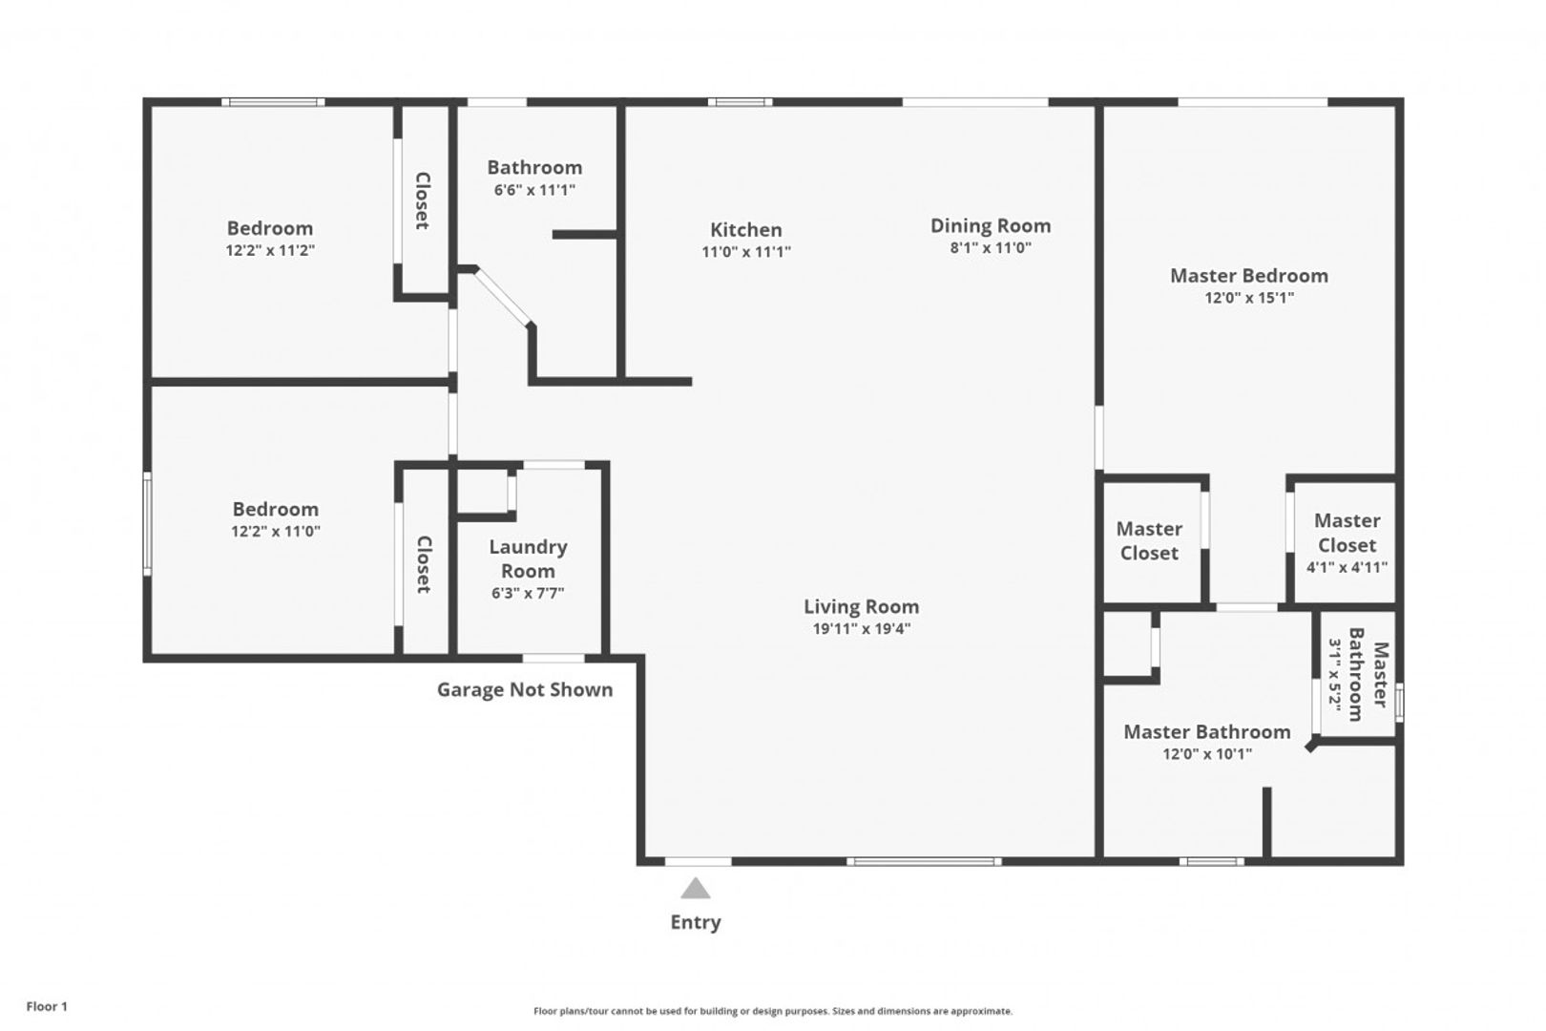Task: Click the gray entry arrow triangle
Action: click(x=695, y=889)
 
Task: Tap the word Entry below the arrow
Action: click(x=696, y=922)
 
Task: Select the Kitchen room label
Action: click(x=746, y=229)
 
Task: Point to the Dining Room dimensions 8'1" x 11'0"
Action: click(x=991, y=248)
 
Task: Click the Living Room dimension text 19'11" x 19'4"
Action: click(x=862, y=628)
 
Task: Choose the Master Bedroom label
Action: click(x=1249, y=276)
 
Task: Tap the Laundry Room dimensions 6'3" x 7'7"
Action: click(x=528, y=593)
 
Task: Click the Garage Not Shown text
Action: click(x=525, y=689)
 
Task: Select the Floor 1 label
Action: click(x=47, y=1006)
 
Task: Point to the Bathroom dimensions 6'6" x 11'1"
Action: click(x=534, y=190)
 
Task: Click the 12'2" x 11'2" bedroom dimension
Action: click(x=270, y=250)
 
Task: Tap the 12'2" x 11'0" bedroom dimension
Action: click(x=276, y=531)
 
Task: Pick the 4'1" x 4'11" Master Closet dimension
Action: click(x=1347, y=568)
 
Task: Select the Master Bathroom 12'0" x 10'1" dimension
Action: click(x=1207, y=753)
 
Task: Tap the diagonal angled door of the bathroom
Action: click(x=503, y=296)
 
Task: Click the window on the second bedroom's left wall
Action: click(x=147, y=523)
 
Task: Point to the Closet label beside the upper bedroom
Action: click(x=423, y=200)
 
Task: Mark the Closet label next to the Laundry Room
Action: click(x=424, y=564)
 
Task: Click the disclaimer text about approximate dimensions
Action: click(x=773, y=1011)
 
